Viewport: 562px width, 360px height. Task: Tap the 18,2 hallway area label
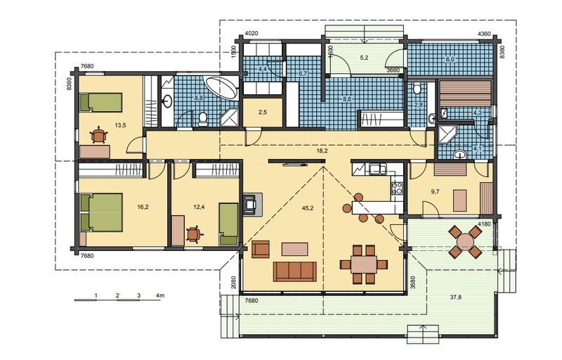[x=322, y=151]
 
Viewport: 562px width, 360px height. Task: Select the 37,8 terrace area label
[x=455, y=297]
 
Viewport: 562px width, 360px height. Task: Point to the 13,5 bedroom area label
[x=120, y=125]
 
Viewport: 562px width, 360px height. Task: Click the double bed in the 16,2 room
[x=101, y=212]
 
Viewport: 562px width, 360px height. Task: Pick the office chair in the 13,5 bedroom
[x=99, y=136]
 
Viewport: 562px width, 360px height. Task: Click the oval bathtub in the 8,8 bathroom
[x=221, y=88]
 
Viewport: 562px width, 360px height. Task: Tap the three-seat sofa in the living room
[x=294, y=271]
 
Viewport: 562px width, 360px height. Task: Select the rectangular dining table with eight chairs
[x=364, y=264]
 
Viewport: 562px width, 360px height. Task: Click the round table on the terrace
[x=465, y=242]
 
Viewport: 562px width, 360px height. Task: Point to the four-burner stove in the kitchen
[x=397, y=188]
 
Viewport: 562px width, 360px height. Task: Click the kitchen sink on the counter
[x=378, y=169]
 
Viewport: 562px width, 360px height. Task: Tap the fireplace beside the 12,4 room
[x=252, y=204]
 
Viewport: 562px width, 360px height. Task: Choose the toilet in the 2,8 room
[x=417, y=88]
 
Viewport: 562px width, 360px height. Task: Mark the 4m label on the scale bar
[x=160, y=295]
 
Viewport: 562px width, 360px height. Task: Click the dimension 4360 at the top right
[x=484, y=34]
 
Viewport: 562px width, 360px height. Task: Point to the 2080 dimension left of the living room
[x=234, y=283]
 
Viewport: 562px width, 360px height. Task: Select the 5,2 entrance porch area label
[x=364, y=58]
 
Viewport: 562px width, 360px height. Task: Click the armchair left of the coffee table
[x=261, y=250]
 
